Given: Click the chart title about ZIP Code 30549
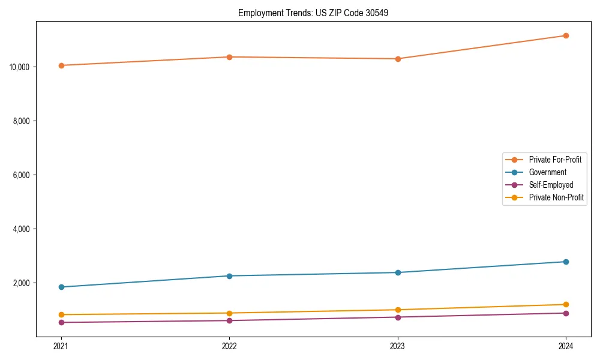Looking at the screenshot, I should [313, 13].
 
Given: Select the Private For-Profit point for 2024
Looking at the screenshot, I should [566, 35].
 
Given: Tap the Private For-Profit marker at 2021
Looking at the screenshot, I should [61, 65].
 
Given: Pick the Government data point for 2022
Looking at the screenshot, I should [229, 276].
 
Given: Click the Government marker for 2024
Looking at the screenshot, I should [566, 262].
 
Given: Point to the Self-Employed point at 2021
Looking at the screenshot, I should [61, 322].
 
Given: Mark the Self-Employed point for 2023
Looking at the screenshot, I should [398, 317].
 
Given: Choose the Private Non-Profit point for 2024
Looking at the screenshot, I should [566, 304].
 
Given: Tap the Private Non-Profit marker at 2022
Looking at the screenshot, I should [229, 313].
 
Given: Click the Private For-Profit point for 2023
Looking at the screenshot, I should [398, 59].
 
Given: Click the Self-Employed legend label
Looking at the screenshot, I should [551, 185].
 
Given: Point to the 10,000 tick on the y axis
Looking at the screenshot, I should [20, 67].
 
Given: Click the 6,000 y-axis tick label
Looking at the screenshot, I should [22, 175].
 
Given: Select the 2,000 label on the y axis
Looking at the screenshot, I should [22, 283].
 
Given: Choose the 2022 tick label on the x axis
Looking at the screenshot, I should [229, 346].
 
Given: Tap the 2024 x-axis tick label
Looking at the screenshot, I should [566, 346].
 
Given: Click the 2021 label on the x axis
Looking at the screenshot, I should [61, 346].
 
